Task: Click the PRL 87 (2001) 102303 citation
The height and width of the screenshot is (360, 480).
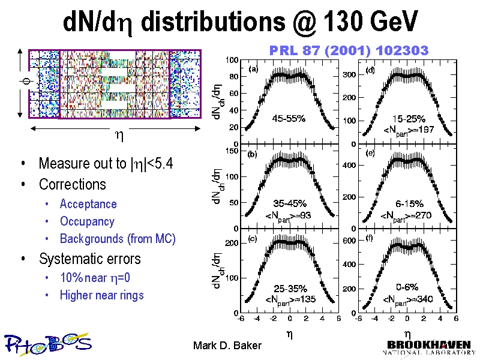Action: coord(349,50)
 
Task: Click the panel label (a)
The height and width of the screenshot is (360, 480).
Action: coord(253,69)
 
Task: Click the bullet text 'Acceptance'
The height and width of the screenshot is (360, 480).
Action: coord(88,204)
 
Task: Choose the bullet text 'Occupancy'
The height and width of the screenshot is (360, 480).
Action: coord(87,221)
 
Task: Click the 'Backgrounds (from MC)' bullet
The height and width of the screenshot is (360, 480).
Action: coord(118,239)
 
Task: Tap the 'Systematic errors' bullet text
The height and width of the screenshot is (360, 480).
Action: coord(89,259)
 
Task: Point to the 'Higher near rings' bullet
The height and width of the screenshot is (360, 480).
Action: coord(102,295)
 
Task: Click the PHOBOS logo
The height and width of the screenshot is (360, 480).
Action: coord(48,343)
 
